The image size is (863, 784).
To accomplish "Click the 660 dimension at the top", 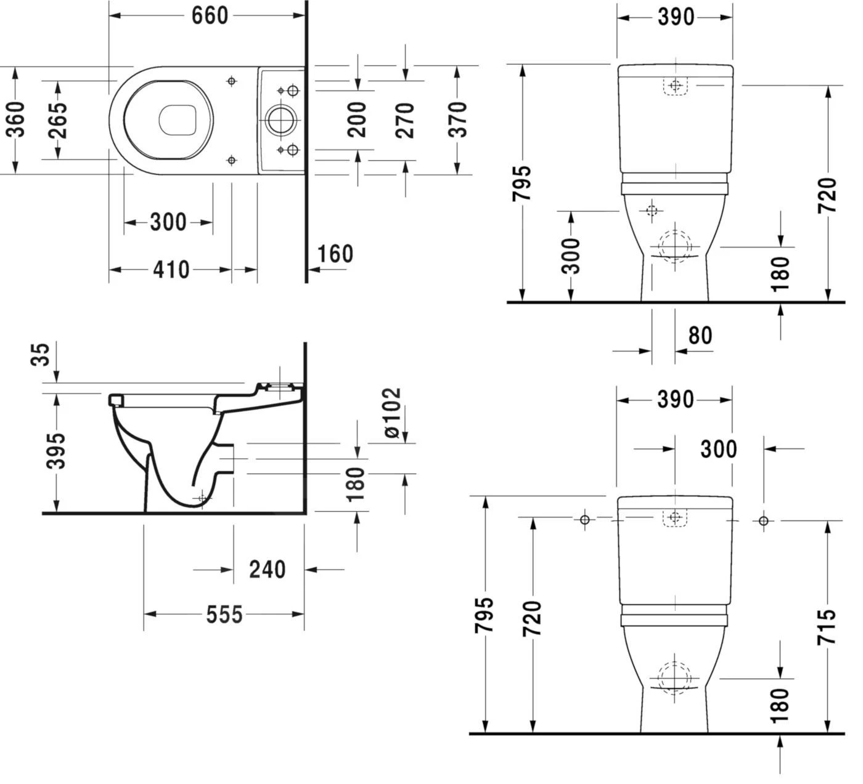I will pyautogui.click(x=210, y=15).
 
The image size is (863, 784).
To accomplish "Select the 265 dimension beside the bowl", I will pyautogui.click(x=58, y=120).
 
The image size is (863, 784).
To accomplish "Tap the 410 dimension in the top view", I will pyautogui.click(x=171, y=269).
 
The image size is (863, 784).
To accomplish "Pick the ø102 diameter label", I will pyautogui.click(x=392, y=412).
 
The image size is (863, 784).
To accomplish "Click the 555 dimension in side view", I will pyautogui.click(x=224, y=614).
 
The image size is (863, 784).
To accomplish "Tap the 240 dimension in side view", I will pyautogui.click(x=268, y=570).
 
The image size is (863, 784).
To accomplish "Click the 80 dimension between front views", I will pyautogui.click(x=700, y=336).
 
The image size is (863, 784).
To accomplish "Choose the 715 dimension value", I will pyautogui.click(x=827, y=626).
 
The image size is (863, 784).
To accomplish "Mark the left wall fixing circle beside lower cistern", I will pyautogui.click(x=585, y=520).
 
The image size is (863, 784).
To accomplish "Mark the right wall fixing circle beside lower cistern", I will pyautogui.click(x=764, y=521).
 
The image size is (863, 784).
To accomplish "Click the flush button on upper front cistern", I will pyautogui.click(x=676, y=86).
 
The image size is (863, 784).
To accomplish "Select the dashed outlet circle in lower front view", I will pyautogui.click(x=676, y=677).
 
